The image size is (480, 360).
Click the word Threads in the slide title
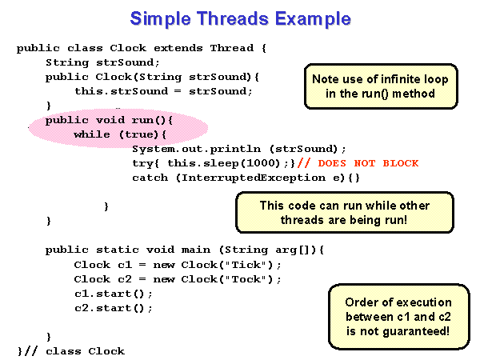coord(232,18)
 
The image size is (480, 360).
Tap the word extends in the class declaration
coord(178,48)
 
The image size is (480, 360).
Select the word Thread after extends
coord(232,48)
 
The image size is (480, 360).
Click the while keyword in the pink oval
coord(92,134)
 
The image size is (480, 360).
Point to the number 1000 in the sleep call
coord(263,163)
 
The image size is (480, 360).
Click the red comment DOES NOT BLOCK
coord(368,163)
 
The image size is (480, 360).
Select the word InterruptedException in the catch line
coord(254,178)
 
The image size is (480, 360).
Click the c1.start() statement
coord(114,294)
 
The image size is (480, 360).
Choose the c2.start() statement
coord(114,308)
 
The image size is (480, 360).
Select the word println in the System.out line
coord(235,149)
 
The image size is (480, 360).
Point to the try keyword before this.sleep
coord(143,163)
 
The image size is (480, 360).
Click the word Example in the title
coord(313,19)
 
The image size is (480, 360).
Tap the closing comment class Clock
coord(85,351)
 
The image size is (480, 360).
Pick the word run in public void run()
coord(142,120)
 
